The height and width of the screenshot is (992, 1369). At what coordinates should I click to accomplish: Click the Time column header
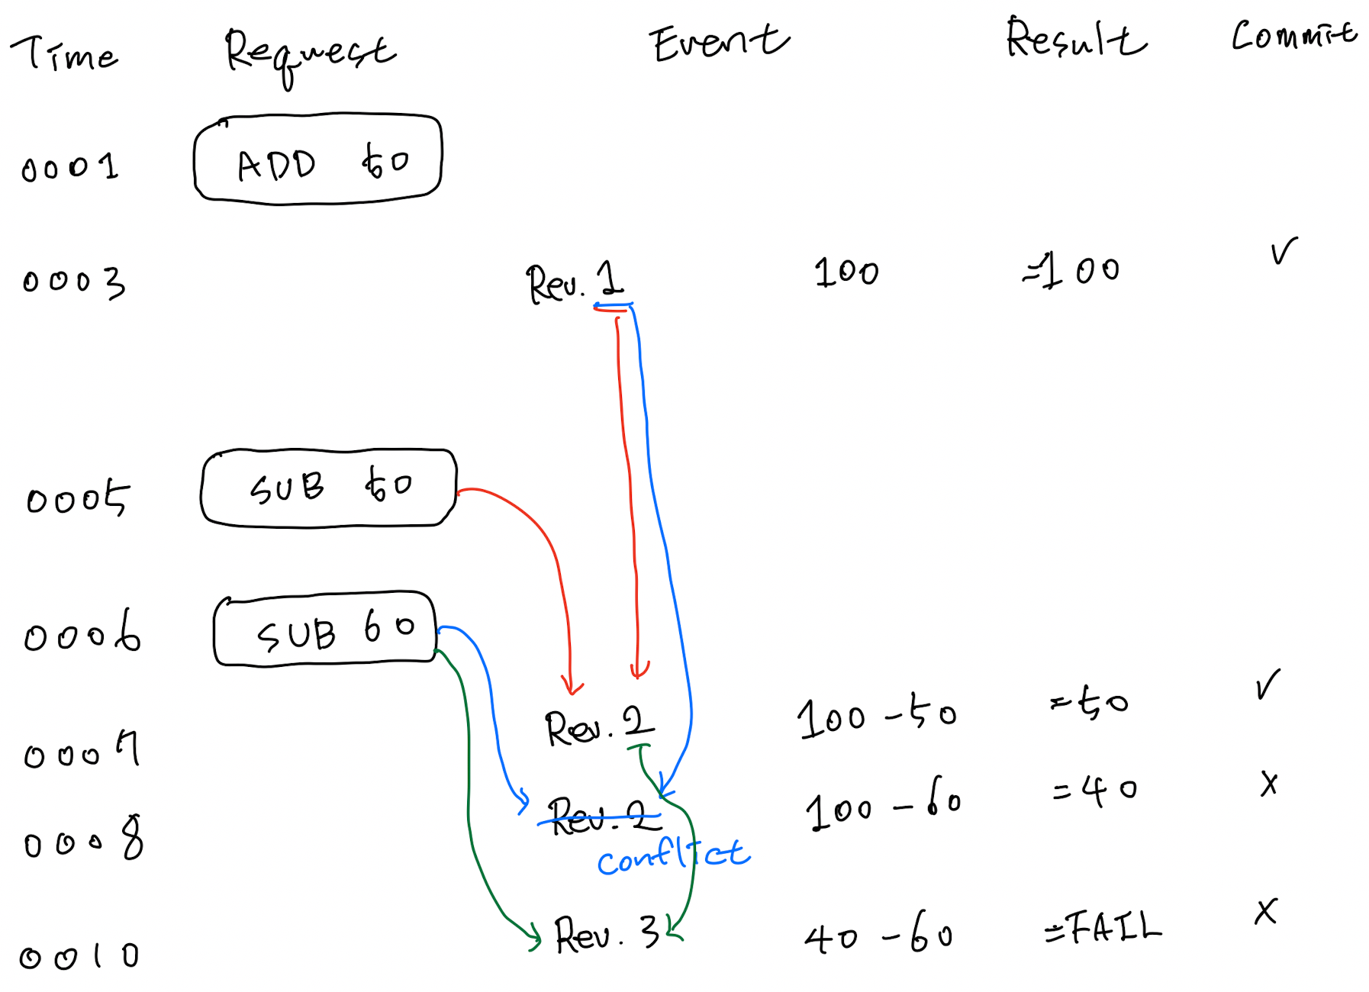tap(65, 54)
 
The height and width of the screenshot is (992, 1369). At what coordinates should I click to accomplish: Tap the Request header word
tap(309, 53)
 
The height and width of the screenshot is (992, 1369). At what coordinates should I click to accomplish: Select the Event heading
tap(719, 43)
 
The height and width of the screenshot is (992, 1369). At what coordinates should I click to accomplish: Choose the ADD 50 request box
tap(318, 160)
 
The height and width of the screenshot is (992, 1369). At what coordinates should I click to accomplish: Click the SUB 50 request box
tap(328, 488)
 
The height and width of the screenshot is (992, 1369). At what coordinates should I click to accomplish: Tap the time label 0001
tap(70, 167)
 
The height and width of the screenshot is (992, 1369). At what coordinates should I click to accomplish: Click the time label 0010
tap(79, 956)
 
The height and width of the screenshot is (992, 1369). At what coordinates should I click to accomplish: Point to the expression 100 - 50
tap(876, 717)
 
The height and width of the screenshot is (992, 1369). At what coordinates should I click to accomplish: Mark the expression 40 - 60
tap(878, 934)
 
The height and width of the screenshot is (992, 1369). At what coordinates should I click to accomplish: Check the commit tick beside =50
tap(1268, 684)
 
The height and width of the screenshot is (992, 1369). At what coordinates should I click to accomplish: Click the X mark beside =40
tap(1268, 784)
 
